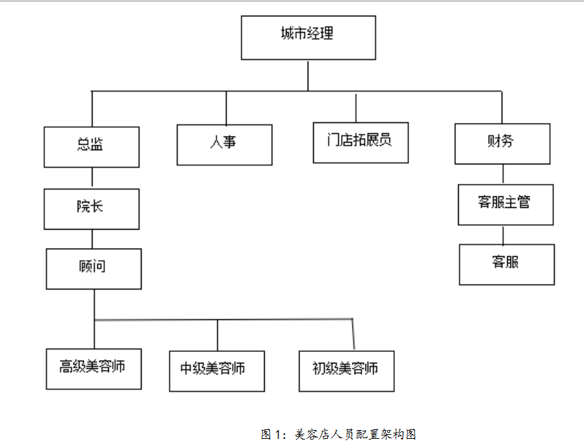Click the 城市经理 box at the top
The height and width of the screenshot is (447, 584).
(x=308, y=37)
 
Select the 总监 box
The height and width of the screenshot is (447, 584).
(x=92, y=147)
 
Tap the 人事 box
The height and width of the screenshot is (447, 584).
(x=225, y=145)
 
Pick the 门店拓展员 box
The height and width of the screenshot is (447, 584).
(x=361, y=143)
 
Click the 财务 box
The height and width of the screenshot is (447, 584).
(x=502, y=143)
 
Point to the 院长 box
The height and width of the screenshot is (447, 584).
(x=92, y=209)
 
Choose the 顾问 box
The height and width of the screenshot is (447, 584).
(x=94, y=269)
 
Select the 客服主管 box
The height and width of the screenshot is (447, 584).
(x=506, y=204)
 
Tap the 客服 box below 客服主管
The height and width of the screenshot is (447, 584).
(x=507, y=264)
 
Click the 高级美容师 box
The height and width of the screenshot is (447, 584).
(x=94, y=369)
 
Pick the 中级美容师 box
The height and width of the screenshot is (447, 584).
(x=217, y=371)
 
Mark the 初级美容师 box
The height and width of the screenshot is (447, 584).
(x=346, y=371)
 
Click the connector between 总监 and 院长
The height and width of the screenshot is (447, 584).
(x=92, y=178)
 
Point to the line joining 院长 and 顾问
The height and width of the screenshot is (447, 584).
(x=92, y=239)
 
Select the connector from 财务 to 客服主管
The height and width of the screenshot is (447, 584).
(x=503, y=174)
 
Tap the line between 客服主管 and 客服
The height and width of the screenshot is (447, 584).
(x=503, y=234)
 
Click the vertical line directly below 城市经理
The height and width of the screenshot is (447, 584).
(x=308, y=75)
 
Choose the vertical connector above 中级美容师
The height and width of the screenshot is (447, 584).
(x=218, y=335)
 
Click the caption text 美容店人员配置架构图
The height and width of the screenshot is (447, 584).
(x=355, y=434)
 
